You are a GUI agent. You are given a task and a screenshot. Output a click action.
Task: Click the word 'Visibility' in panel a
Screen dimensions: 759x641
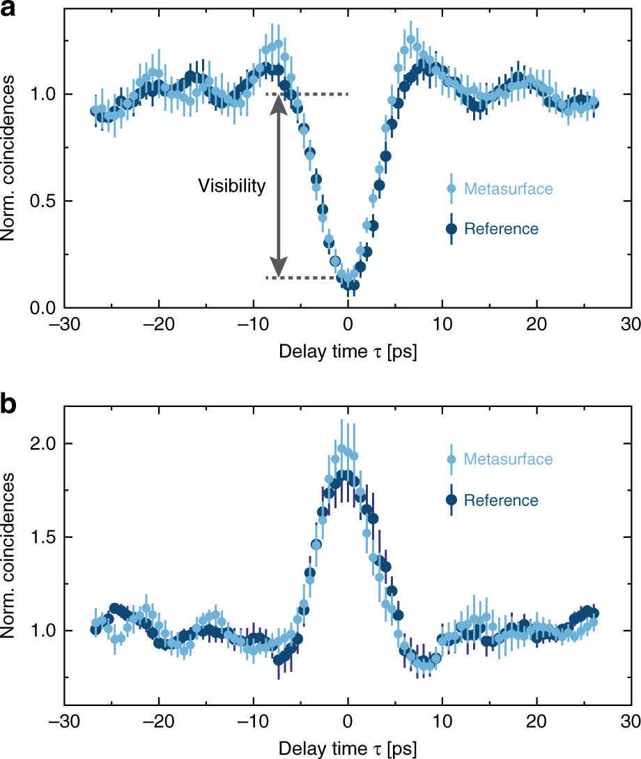(231, 185)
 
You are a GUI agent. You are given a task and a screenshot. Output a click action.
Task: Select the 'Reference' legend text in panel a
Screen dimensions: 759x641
(501, 229)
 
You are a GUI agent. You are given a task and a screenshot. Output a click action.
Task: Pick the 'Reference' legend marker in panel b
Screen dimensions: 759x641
(451, 500)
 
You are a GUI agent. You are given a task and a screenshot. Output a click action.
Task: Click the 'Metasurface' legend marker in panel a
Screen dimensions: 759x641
(451, 188)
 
